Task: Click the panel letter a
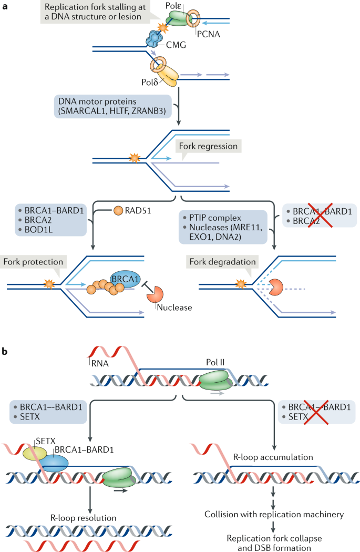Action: click(x=5, y=6)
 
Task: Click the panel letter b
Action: click(x=5, y=351)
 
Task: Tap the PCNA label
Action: click(x=208, y=34)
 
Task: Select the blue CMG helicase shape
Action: click(x=153, y=38)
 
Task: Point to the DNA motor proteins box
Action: click(x=112, y=106)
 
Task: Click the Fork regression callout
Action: click(x=208, y=147)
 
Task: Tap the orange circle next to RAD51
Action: click(x=118, y=210)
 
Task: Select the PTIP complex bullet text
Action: click(x=215, y=218)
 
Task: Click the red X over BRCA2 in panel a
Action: click(x=320, y=215)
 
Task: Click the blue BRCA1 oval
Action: click(x=126, y=279)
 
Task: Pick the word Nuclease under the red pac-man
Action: click(x=174, y=308)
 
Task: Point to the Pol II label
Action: click(x=215, y=362)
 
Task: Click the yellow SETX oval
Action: click(x=35, y=453)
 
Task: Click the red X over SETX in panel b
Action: click(x=316, y=412)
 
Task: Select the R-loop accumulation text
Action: click(x=273, y=457)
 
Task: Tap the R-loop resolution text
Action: click(x=84, y=518)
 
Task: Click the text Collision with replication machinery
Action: click(x=274, y=514)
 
